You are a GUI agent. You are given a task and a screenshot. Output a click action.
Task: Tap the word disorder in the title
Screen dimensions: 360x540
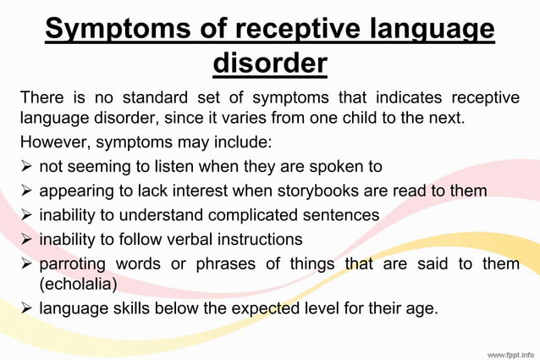point(270,64)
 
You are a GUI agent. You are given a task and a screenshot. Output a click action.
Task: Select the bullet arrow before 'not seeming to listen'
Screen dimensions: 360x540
point(26,166)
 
